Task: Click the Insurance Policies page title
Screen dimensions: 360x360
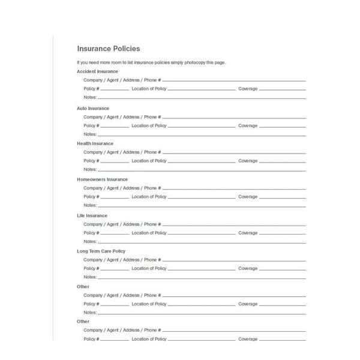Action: (109, 49)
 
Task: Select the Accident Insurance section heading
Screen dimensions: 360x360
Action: (97, 71)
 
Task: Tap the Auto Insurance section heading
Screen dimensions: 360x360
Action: (93, 109)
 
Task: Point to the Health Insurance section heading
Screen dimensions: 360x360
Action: (95, 144)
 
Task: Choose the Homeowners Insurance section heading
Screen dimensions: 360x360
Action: (102, 179)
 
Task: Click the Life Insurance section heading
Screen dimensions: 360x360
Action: (92, 215)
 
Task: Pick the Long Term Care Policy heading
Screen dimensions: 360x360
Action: (101, 251)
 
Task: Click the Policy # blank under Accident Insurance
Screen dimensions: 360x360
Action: (115, 90)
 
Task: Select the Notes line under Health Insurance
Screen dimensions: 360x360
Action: (202, 170)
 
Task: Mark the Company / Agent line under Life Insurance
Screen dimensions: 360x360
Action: (234, 226)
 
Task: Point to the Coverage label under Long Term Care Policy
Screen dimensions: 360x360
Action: (248, 268)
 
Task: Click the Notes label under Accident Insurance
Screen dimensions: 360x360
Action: (90, 97)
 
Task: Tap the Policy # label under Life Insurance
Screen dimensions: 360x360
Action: (91, 233)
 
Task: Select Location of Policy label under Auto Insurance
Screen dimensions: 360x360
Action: (149, 126)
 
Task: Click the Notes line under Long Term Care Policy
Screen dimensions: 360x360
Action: (202, 278)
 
